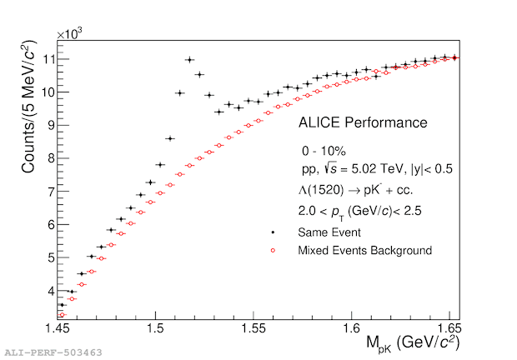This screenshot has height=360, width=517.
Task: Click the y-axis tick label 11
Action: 48,59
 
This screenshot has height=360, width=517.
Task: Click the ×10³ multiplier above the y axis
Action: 70,34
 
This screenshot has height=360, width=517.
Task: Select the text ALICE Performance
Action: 363,123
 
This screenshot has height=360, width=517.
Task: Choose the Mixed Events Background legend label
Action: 365,249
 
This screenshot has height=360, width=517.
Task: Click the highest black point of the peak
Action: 189,60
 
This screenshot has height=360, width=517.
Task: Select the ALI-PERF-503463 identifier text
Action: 53,352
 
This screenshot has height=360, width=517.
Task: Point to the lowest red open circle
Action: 62,314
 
